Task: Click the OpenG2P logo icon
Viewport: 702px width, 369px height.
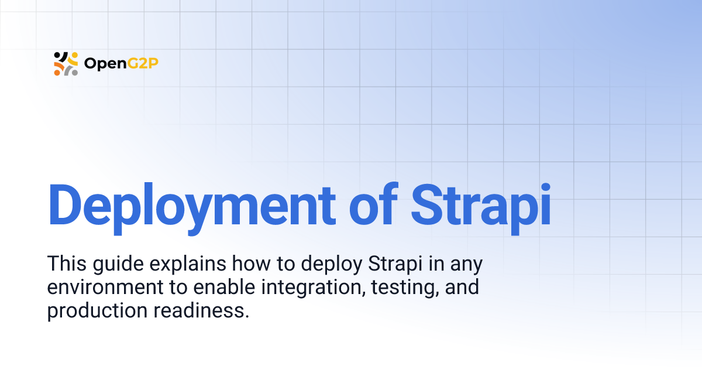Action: [x=66, y=63]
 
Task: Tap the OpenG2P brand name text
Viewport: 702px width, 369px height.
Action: [x=121, y=63]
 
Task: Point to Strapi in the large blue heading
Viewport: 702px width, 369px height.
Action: [x=481, y=206]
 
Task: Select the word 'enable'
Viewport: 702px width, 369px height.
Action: [x=223, y=288]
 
